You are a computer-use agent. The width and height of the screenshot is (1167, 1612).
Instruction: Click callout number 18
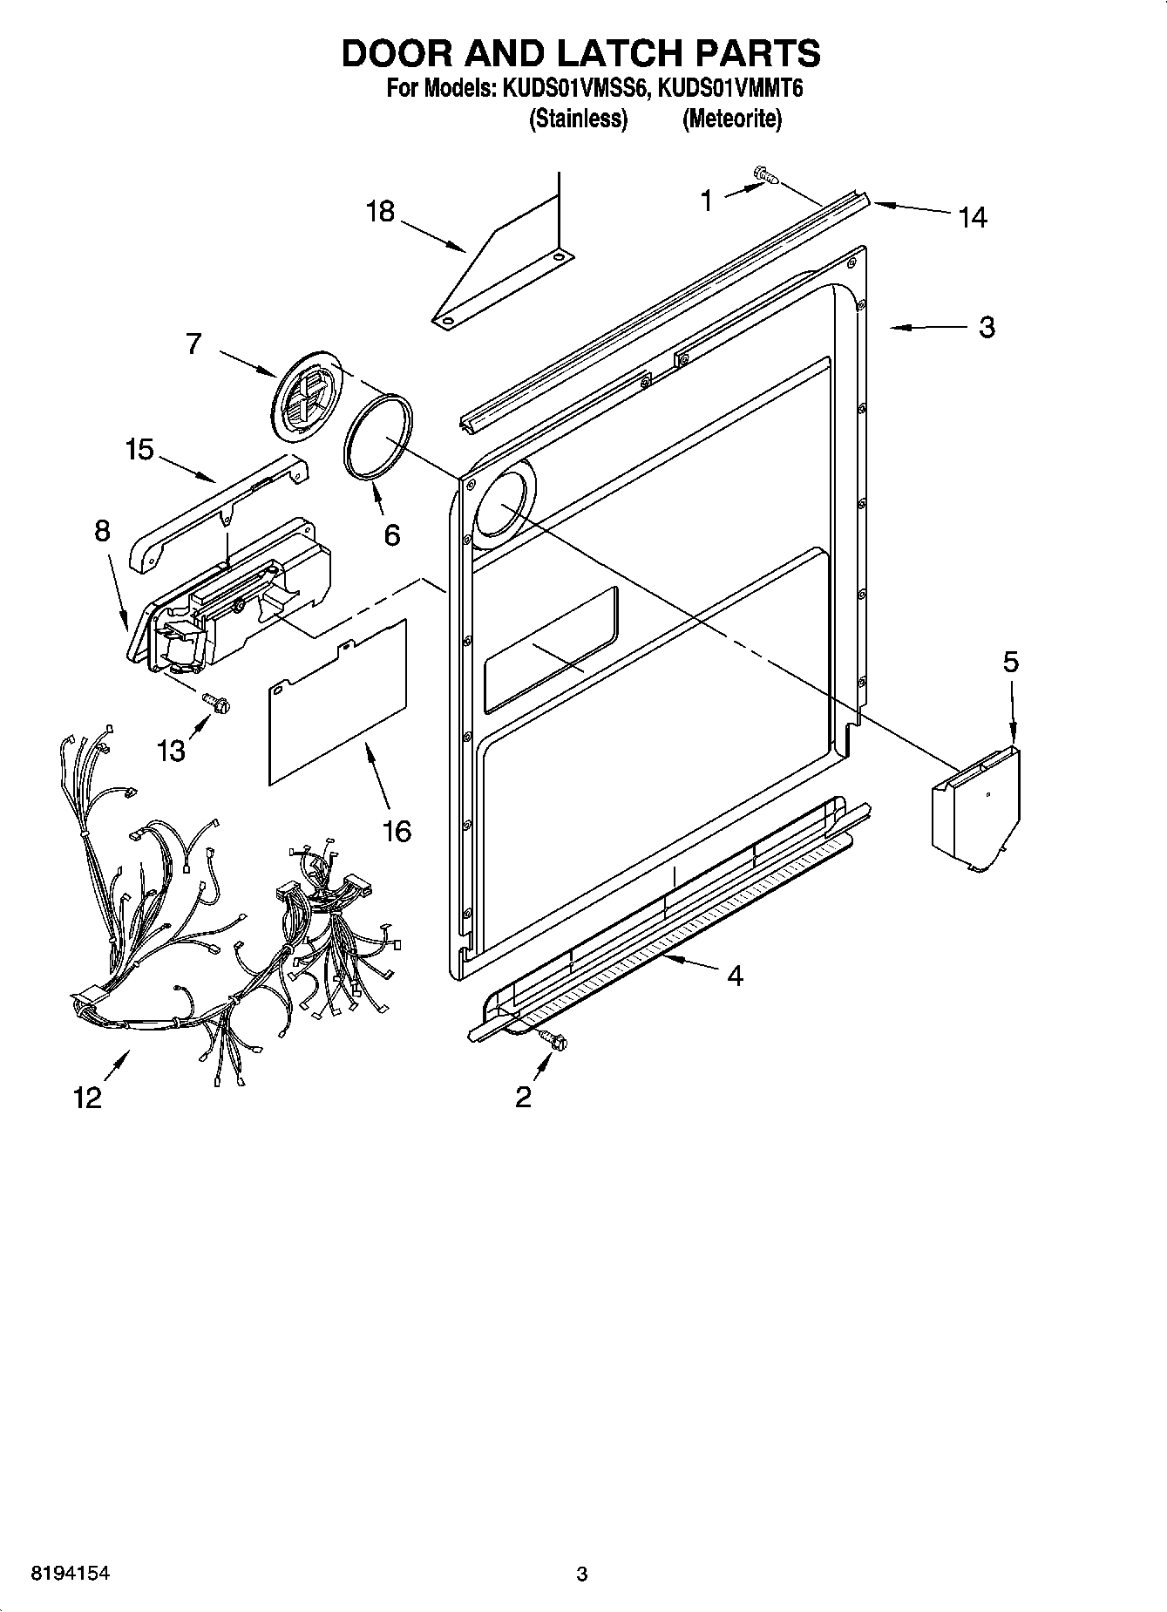380,211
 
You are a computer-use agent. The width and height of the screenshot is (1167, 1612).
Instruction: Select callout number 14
972,217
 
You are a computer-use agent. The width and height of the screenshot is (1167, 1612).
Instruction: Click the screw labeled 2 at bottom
552,1038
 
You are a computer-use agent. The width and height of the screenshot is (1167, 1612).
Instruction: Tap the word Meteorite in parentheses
730,119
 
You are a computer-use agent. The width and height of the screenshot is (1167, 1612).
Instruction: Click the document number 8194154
70,1574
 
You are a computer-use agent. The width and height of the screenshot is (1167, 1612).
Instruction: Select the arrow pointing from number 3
924,328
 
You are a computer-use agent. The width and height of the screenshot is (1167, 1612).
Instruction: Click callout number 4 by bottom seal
735,976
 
